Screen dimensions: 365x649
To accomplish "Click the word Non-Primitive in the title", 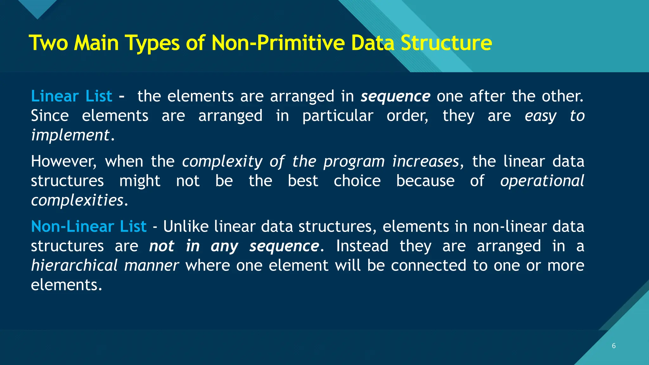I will point(278,43).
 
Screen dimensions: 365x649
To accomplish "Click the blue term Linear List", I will point(72,96).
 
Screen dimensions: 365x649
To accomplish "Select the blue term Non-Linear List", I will point(89,227).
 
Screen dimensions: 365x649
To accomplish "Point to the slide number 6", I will point(614,346).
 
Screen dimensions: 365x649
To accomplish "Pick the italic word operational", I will point(542,181).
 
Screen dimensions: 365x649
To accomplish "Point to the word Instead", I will point(362,246).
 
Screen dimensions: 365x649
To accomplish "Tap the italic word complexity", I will point(222,162).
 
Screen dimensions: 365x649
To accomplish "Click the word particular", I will point(338,116).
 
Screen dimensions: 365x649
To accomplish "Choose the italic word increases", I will point(426,162).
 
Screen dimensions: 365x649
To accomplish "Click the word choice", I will point(357,181).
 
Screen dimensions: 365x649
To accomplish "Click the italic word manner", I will point(151,266).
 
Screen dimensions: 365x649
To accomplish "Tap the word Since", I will point(50,116).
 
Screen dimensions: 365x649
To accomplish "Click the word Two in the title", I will point(48,43).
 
